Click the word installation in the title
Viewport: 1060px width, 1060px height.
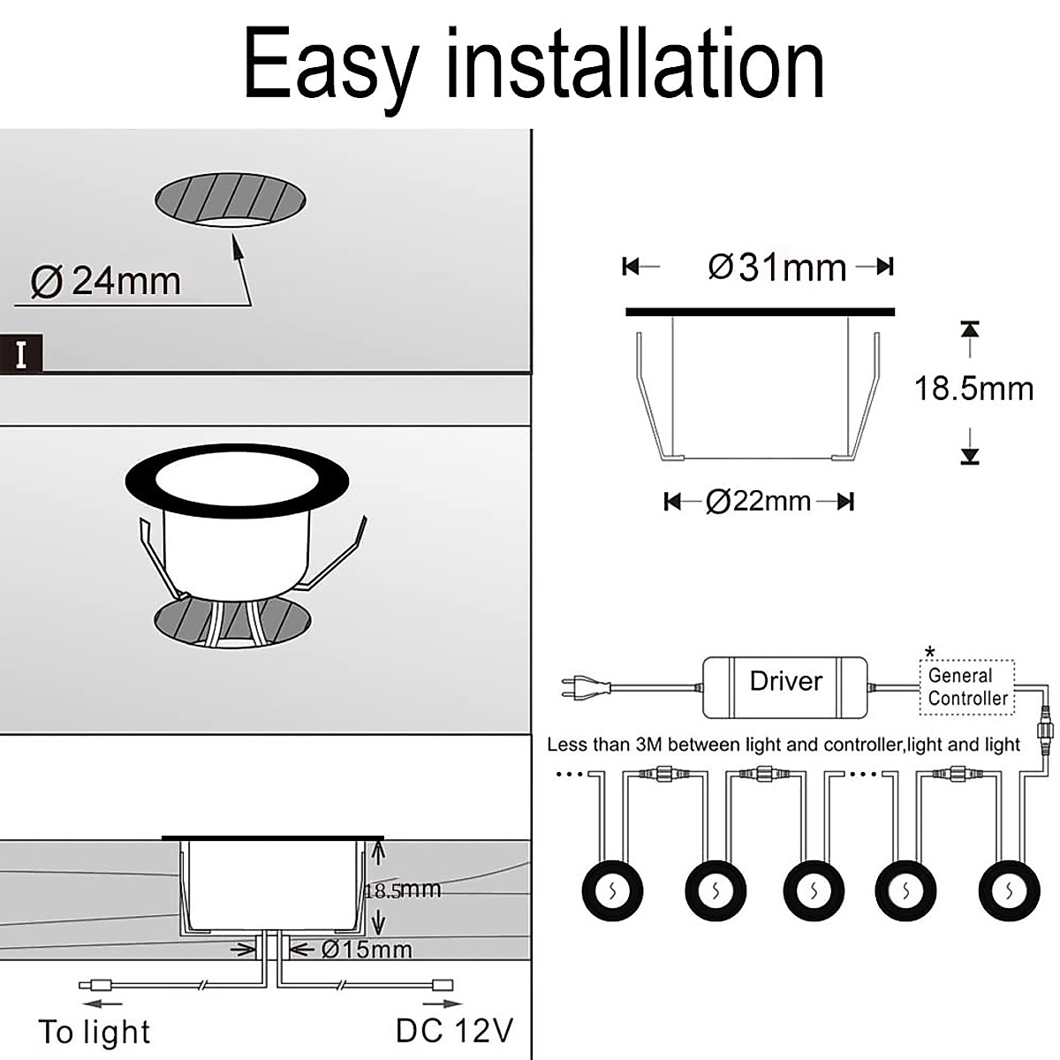pos(635,64)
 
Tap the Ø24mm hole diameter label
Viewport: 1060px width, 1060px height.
pos(106,281)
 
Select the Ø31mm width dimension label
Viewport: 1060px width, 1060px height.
pos(777,267)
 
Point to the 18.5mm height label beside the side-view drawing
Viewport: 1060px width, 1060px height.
pos(973,389)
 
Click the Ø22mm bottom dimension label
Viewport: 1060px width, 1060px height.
pos(759,502)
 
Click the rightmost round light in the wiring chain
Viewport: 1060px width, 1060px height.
pos(1010,890)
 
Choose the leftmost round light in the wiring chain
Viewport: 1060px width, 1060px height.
pos(612,890)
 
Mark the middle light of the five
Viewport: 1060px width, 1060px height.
pos(814,890)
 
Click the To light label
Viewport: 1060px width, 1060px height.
pos(95,1032)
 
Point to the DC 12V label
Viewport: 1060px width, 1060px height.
pos(454,1030)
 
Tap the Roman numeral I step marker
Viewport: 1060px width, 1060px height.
pos(21,355)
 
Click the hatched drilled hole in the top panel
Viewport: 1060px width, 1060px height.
pos(231,201)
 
